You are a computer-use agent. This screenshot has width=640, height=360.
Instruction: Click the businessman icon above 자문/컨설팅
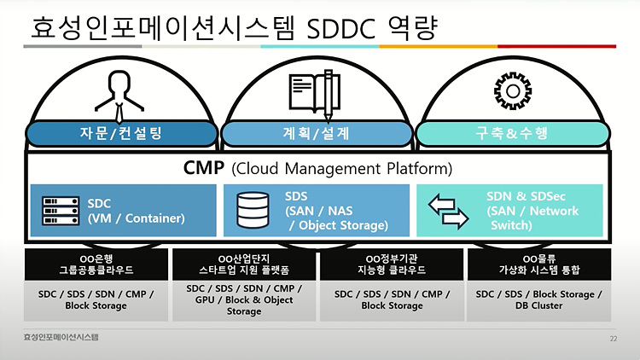point(119,96)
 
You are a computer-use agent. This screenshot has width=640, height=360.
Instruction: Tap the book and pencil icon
point(315,95)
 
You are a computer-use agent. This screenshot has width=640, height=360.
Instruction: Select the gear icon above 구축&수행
point(513,91)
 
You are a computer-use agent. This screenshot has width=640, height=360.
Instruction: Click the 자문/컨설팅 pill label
point(121,133)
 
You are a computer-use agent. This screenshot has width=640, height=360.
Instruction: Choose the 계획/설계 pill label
point(317,133)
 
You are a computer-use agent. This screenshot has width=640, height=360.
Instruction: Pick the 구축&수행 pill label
point(512,133)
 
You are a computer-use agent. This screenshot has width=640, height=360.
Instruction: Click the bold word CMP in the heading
point(204,168)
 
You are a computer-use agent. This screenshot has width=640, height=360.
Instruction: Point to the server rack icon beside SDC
point(61,211)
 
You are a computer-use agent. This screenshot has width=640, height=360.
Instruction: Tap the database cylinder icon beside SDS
point(253,210)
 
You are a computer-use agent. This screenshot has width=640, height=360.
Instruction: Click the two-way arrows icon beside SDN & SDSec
point(448,211)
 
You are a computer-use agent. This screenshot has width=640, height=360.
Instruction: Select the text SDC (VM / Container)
point(136,211)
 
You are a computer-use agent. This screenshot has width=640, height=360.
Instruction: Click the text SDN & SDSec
point(526,196)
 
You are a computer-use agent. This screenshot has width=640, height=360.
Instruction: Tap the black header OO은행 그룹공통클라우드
point(96,264)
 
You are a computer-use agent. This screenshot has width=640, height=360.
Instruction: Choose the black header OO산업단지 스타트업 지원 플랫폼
point(244,264)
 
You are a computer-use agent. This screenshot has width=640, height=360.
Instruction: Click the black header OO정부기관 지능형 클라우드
point(392,264)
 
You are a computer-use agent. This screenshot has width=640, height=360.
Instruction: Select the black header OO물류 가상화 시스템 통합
point(539,264)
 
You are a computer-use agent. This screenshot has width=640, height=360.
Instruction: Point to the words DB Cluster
point(538,305)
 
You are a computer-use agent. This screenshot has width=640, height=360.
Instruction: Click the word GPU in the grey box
point(205,299)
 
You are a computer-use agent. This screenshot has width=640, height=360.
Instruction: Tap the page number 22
point(613,339)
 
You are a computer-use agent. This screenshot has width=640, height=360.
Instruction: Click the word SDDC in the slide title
point(340,29)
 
